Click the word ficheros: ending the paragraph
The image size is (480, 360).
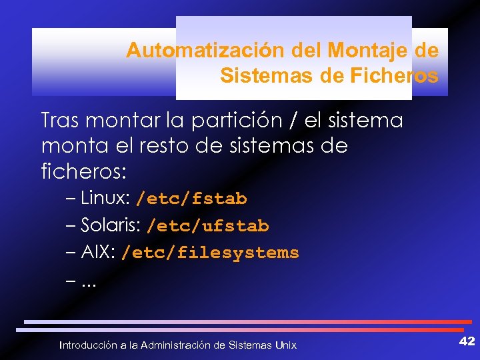point(83,170)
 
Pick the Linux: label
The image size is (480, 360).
point(105,199)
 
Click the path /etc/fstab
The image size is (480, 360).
point(191,199)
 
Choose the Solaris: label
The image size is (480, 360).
point(110,226)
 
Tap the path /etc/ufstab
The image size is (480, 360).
point(207,226)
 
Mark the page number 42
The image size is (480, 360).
point(467,341)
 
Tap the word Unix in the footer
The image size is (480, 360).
point(285,345)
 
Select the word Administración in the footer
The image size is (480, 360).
point(174,345)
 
